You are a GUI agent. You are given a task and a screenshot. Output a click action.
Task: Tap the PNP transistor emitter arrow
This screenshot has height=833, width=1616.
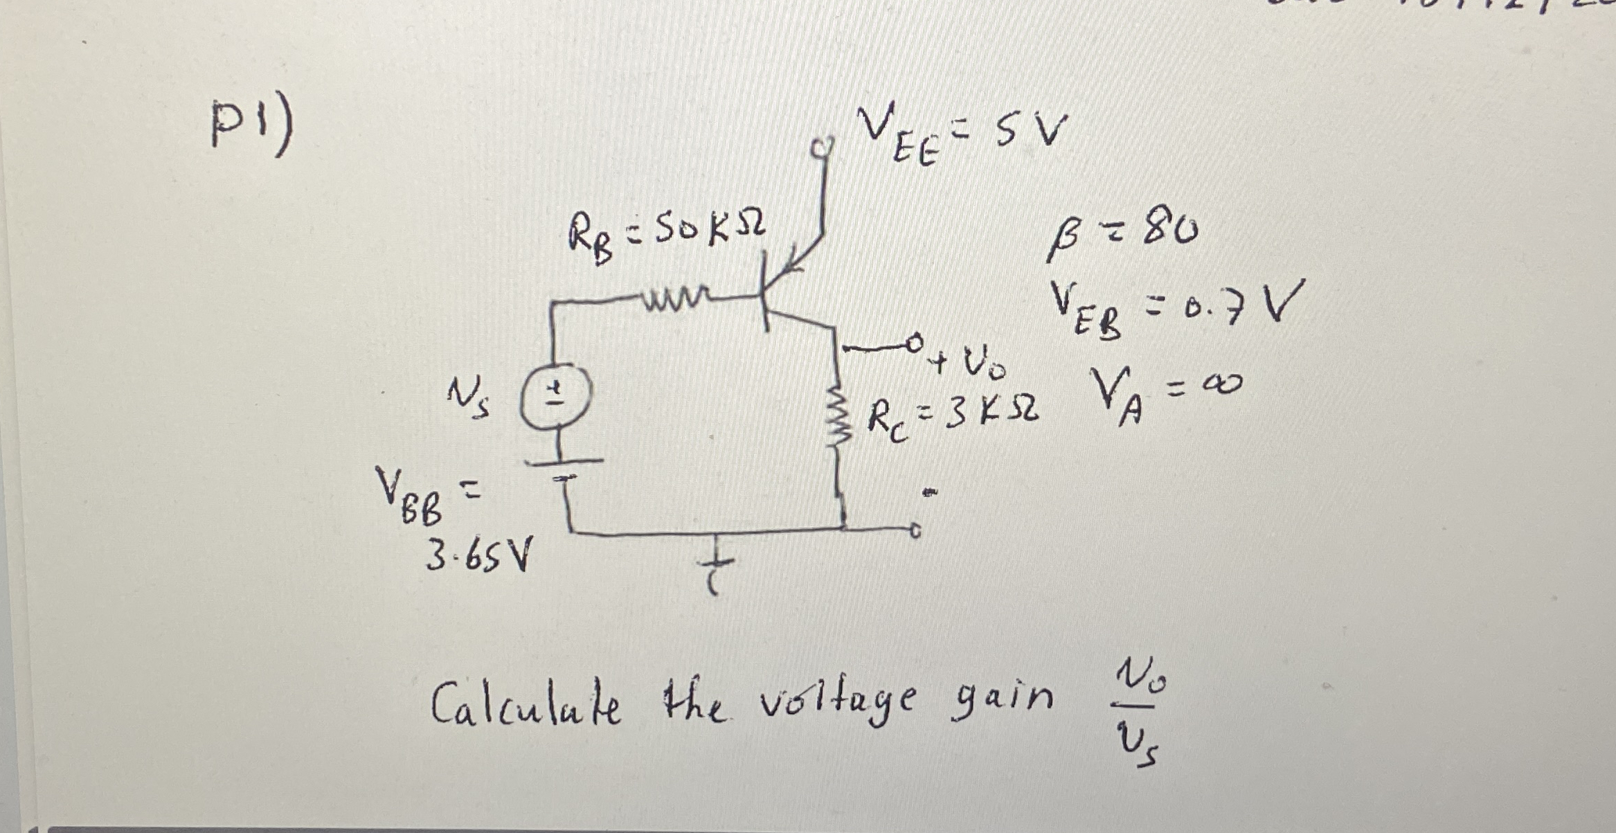click(x=796, y=260)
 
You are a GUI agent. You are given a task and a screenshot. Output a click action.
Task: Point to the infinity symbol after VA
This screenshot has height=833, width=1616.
click(x=1223, y=382)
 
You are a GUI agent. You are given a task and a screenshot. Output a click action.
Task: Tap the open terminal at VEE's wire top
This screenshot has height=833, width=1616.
click(x=822, y=147)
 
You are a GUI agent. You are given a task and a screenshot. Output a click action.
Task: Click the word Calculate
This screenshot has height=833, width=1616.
click(x=526, y=702)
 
